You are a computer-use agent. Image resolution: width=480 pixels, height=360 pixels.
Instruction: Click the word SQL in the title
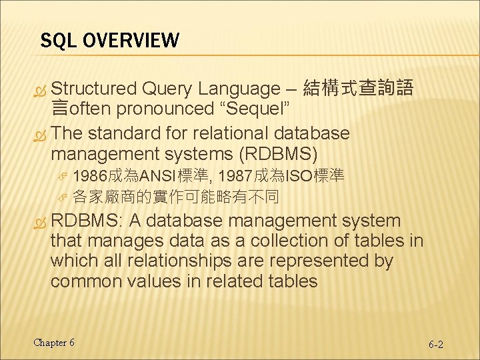coord(55,41)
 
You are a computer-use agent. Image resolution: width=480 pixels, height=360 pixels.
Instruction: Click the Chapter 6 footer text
coord(54,343)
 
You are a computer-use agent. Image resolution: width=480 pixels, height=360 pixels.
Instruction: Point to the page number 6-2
coord(436,345)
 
